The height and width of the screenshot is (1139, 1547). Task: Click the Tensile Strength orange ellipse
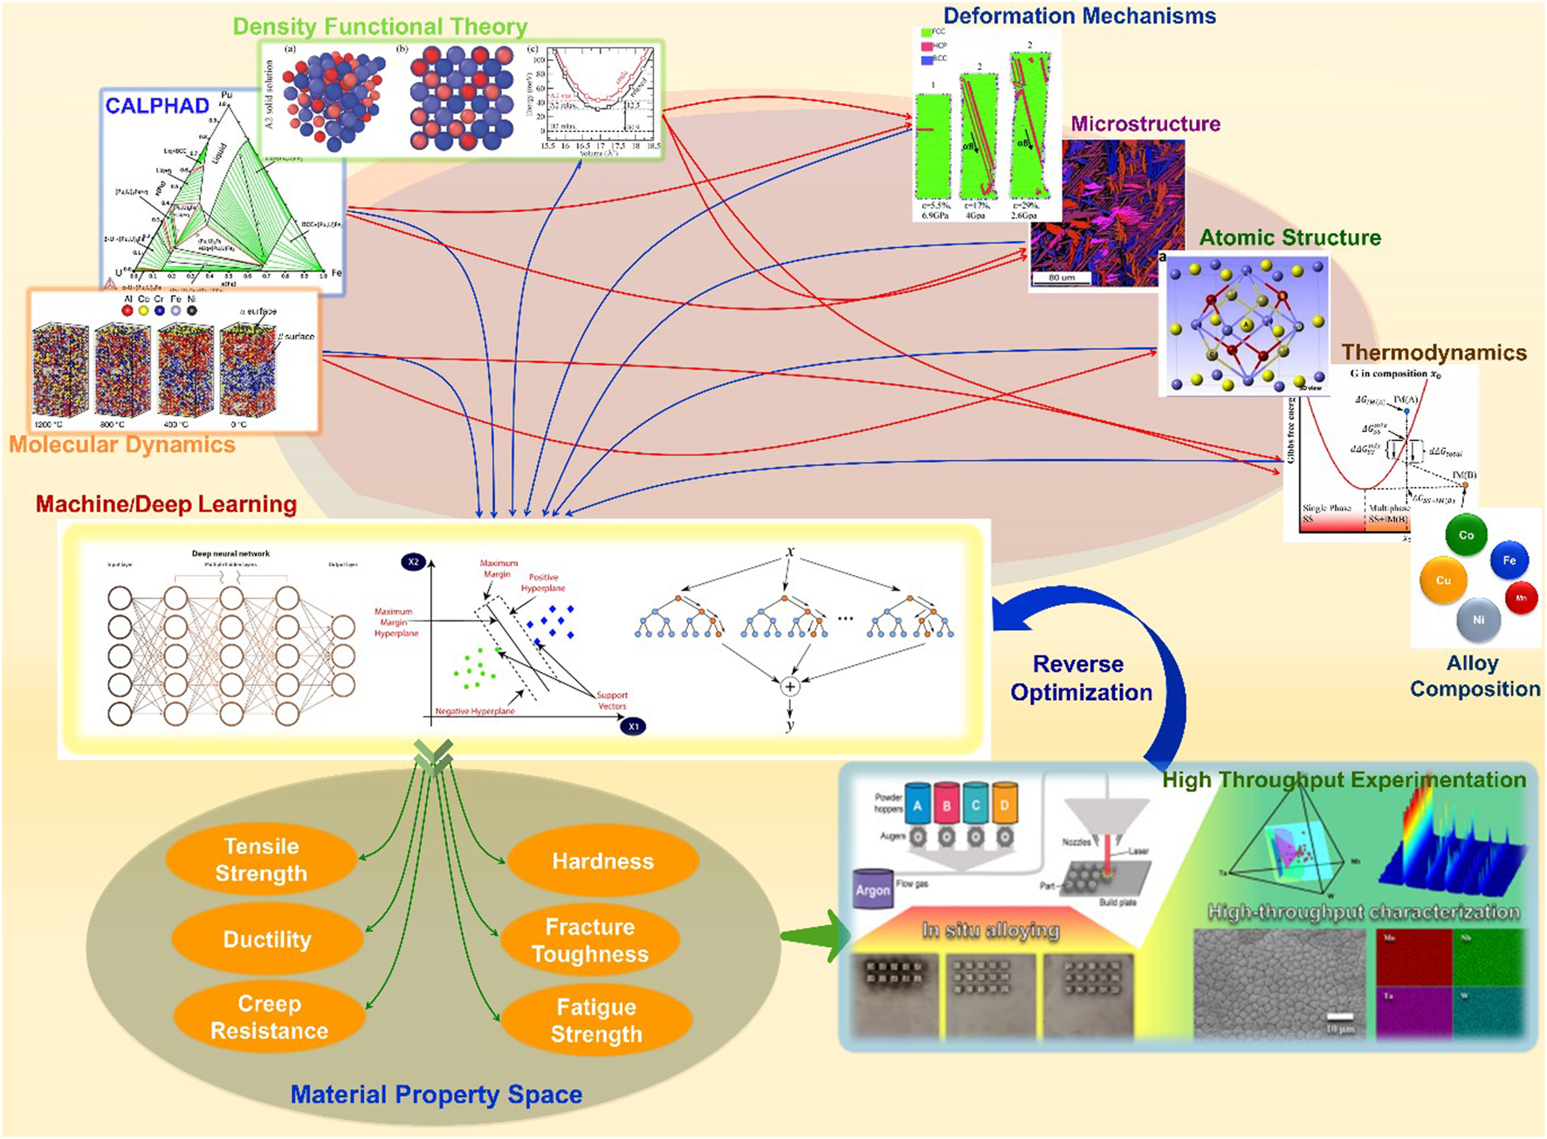pos(261,860)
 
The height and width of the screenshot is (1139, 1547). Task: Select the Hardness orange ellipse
pos(602,861)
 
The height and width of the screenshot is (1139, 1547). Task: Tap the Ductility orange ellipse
pos(267,939)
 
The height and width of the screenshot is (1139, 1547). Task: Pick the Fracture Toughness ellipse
pos(590,940)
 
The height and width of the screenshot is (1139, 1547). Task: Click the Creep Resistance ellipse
pos(269,1018)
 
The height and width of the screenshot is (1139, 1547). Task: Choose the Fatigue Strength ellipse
pos(596,1020)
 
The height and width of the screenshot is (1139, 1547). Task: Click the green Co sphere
pos(1466,535)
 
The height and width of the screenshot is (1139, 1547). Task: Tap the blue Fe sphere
pos(1509,561)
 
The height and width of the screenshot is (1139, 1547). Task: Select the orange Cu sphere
pos(1443,580)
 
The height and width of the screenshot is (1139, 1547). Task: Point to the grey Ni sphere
pos(1478,620)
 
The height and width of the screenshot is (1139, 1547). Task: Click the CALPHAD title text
pos(157,106)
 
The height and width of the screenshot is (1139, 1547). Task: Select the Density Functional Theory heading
pos(380,26)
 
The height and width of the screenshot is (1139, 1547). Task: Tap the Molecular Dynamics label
pos(122,445)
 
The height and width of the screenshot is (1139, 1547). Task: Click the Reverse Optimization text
pos(1081,678)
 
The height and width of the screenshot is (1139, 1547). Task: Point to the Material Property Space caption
pos(436,1094)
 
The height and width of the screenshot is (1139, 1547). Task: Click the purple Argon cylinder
pos(873,889)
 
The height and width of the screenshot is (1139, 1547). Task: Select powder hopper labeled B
pos(946,806)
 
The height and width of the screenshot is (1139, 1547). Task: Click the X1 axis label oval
pos(633,726)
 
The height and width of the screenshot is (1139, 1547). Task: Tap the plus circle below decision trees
pos(789,687)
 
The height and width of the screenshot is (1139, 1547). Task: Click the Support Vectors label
pos(611,701)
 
